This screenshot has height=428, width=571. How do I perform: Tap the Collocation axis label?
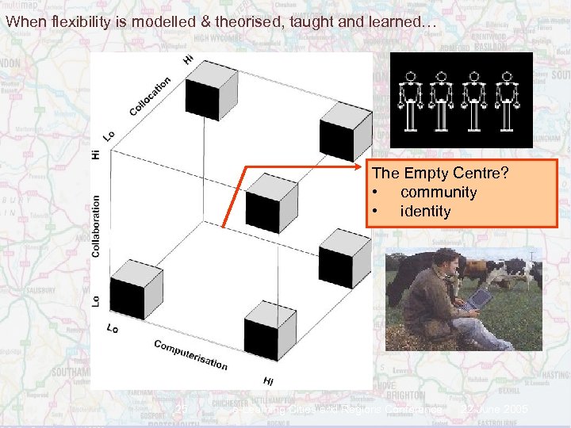[150, 97]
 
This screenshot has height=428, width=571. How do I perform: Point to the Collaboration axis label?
[96, 226]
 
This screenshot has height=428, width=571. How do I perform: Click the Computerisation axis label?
[190, 354]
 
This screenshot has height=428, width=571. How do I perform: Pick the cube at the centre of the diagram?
[269, 201]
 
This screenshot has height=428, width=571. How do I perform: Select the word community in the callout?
[439, 192]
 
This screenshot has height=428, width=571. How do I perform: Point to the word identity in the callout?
[425, 211]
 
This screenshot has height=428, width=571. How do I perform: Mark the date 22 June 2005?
[498, 410]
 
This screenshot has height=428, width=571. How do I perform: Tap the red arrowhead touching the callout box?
[362, 166]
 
